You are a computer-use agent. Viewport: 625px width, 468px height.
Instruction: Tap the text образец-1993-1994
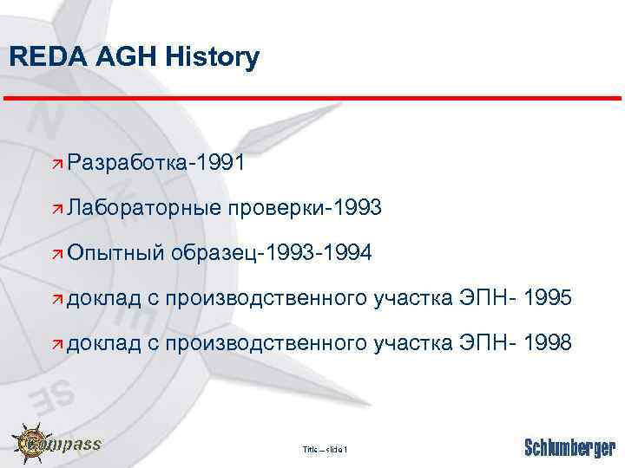coord(273,253)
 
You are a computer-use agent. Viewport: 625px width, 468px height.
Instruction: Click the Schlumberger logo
coord(569,448)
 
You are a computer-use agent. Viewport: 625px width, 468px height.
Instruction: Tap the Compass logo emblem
coord(35,444)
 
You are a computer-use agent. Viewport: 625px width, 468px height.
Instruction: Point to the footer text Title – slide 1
coord(325,449)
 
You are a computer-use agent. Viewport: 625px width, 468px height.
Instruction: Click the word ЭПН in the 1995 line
coord(481,299)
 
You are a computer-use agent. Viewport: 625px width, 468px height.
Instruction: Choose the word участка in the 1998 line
coord(412,344)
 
